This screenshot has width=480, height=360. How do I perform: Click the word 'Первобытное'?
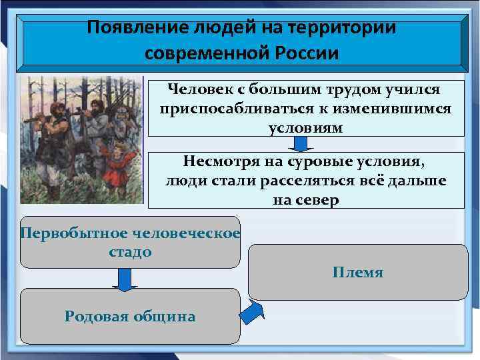63,233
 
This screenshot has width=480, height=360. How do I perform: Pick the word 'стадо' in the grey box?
129,252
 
